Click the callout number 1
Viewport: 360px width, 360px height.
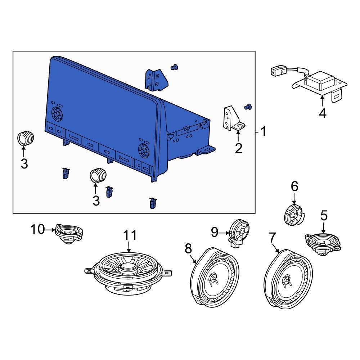tap(264, 132)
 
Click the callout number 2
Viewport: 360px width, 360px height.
tap(239, 148)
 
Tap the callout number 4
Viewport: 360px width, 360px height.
tap(323, 113)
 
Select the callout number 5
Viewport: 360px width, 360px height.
tap(324, 216)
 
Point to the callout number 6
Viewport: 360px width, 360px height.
tap(294, 186)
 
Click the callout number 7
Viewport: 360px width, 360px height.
tap(272, 238)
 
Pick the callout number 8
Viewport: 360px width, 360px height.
tap(188, 248)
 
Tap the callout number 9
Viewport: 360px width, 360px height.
tap(215, 233)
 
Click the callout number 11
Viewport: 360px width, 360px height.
tap(130, 235)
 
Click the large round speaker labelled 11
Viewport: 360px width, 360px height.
tap(128, 272)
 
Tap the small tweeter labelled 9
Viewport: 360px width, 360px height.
tap(239, 232)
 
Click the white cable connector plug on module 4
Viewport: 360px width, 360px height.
tap(277, 72)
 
